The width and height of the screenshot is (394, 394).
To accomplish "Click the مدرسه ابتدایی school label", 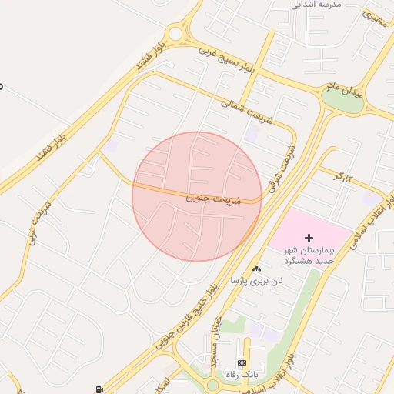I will [316, 5].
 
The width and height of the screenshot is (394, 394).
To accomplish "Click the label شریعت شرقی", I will [282, 169].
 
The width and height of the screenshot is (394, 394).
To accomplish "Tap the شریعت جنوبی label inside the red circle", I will [213, 199].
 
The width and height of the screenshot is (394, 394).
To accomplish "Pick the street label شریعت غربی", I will [38, 222].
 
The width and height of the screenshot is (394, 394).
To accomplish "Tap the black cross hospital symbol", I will [309, 239].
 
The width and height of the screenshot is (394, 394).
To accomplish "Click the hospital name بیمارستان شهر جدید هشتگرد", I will [309, 256].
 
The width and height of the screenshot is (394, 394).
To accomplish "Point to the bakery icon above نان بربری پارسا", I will [256, 269].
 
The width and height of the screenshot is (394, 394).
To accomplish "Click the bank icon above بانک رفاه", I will [242, 362].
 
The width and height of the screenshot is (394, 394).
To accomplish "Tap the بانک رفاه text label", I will [241, 374].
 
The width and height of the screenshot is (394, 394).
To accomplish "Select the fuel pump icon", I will [98, 389].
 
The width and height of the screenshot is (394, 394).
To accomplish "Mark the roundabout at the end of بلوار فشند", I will [176, 33].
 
